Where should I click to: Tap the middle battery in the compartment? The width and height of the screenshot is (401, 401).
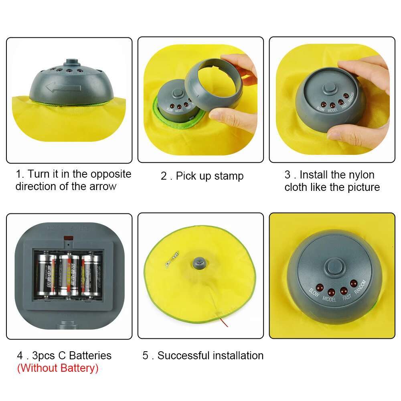[69, 275]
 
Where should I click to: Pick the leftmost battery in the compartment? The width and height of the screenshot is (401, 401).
[47, 275]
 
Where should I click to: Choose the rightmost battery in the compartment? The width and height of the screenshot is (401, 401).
[92, 275]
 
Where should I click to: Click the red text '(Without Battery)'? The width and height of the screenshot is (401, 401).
[57, 368]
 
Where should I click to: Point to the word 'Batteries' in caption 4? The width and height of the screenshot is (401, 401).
[90, 356]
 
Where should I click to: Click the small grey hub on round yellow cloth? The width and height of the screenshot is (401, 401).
[199, 262]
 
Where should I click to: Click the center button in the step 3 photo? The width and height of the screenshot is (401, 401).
[330, 89]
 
